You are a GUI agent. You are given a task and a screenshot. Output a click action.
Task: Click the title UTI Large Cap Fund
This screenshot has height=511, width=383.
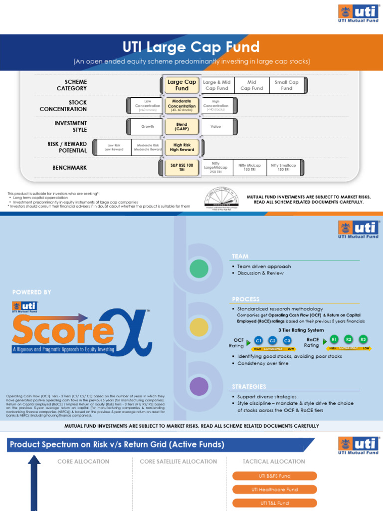tap(191, 47)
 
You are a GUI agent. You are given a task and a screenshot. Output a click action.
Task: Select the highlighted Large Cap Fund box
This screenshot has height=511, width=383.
tap(182, 85)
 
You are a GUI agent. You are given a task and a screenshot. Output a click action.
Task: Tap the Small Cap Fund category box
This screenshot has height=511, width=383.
tap(286, 85)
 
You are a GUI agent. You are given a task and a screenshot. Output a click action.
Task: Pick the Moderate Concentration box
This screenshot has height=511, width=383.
tap(182, 105)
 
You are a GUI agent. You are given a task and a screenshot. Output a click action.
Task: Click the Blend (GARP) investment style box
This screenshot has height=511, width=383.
tap(182, 126)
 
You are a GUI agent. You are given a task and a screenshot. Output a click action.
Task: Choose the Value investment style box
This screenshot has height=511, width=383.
tap(216, 126)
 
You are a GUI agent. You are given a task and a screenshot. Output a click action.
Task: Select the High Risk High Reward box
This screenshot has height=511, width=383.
tap(182, 147)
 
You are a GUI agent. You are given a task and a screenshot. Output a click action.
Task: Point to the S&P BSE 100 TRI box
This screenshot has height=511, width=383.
tap(182, 168)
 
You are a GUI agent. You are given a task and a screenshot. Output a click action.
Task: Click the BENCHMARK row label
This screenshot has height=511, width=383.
tap(69, 168)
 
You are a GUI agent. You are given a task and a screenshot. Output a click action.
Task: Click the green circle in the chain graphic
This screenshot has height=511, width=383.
tap(199, 269)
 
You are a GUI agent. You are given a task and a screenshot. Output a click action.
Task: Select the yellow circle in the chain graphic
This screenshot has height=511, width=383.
tap(199, 327)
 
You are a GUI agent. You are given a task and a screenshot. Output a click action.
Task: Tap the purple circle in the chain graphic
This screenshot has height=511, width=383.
tap(199, 386)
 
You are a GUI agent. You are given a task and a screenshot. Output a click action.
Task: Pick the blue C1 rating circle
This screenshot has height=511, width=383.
tap(258, 340)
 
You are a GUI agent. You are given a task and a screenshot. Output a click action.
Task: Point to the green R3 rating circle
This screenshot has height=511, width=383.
tap(363, 339)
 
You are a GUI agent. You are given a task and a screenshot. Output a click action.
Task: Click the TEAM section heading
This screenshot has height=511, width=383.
tap(240, 256)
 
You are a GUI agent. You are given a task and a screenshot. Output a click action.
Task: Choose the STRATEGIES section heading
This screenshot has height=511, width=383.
tap(249, 386)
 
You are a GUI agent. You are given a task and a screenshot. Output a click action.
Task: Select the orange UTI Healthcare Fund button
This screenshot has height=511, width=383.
tap(274, 490)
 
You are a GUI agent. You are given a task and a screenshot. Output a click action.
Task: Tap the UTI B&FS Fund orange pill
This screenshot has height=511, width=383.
tap(274, 476)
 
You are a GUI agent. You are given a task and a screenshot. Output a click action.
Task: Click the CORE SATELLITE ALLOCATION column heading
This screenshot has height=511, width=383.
tap(178, 461)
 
